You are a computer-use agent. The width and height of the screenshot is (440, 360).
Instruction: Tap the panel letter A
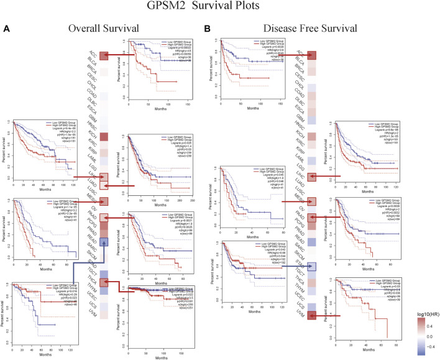click(x=6, y=29)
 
